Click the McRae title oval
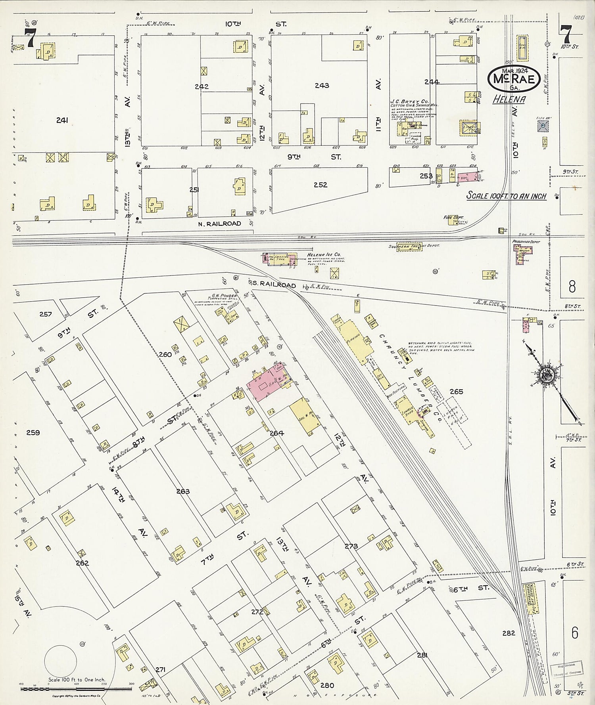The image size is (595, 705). [514, 78]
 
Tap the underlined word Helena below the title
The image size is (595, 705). [509, 99]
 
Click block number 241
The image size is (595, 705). [62, 120]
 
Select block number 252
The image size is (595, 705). [321, 185]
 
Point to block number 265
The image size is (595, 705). [456, 392]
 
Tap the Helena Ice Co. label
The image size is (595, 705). [324, 255]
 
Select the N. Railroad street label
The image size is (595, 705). [219, 224]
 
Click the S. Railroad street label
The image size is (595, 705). [274, 285]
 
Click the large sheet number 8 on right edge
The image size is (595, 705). [572, 286]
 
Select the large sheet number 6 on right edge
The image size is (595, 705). [575, 633]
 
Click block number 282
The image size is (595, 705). [509, 633]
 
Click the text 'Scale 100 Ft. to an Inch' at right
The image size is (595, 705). [506, 196]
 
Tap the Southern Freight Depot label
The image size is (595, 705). [414, 246]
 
